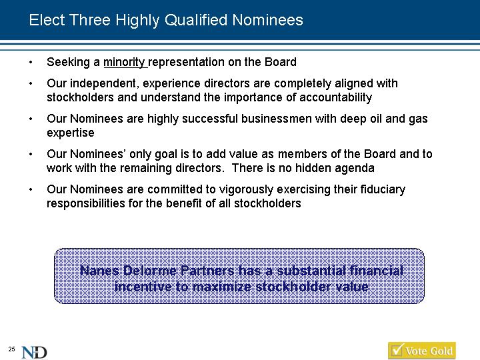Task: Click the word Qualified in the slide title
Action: click(196, 21)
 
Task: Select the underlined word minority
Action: click(124, 62)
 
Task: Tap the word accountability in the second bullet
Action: click(335, 97)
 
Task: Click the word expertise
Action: click(71, 133)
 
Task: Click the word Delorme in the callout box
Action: click(150, 271)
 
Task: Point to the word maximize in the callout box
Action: click(222, 287)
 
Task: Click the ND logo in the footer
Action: click(34, 352)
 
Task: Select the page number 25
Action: click(11, 349)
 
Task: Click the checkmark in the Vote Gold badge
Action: click(397, 350)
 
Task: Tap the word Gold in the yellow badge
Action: click(441, 351)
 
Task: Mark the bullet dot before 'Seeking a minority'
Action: click(31, 63)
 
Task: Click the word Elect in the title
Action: click(47, 20)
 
